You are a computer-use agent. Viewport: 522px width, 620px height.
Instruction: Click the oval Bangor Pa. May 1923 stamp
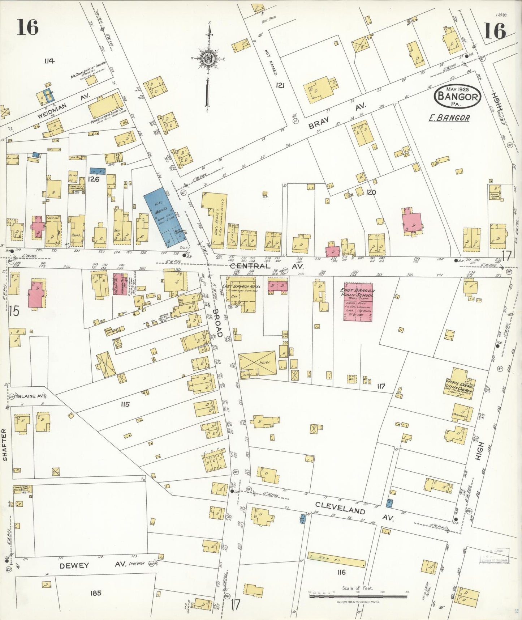(x=458, y=96)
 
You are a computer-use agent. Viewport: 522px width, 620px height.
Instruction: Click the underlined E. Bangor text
(x=449, y=118)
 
